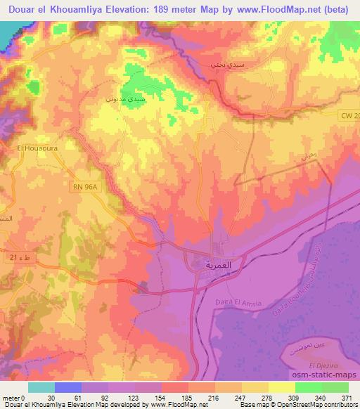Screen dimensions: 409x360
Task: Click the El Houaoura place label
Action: [30, 148]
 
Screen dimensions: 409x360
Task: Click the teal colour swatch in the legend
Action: [41, 387]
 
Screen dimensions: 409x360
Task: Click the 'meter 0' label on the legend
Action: [14, 398]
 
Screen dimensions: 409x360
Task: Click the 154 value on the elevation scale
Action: [157, 398]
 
